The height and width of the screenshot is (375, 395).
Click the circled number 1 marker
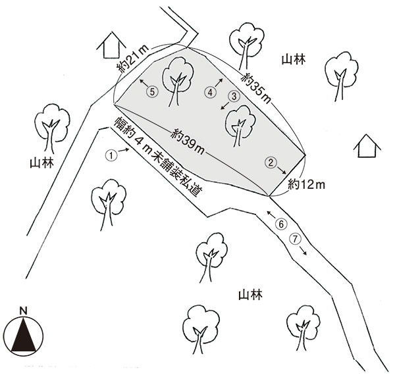click(112, 156)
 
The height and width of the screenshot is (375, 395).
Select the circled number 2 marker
click(270, 162)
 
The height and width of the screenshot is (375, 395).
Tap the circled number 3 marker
click(233, 95)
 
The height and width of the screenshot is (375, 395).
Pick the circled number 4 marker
click(210, 92)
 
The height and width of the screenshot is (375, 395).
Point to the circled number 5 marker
click(152, 92)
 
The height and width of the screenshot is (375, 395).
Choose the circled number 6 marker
click(281, 224)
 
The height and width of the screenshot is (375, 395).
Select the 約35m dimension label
click(256, 87)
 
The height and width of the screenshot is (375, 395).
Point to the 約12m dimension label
click(307, 186)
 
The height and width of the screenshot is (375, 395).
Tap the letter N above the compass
click(23, 310)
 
